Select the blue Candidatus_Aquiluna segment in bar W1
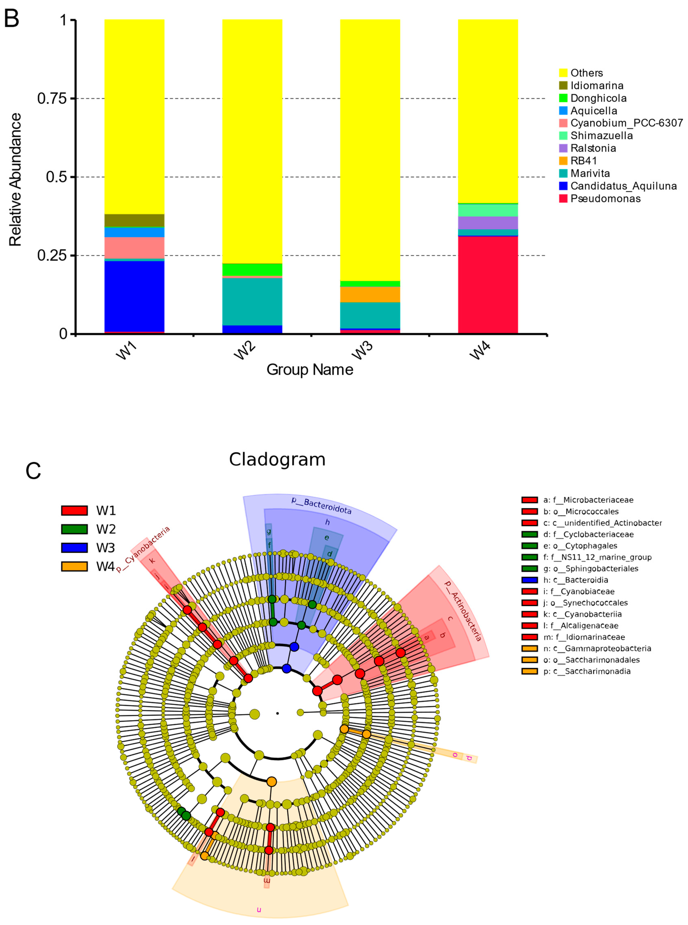coord(134,296)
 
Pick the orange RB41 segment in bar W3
coord(370,294)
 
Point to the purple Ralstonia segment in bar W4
coord(488,223)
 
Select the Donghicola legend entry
coord(598,98)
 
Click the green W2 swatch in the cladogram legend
coord(75,529)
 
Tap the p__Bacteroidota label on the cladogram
coord(321,506)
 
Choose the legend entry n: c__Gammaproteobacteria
coord(597,649)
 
